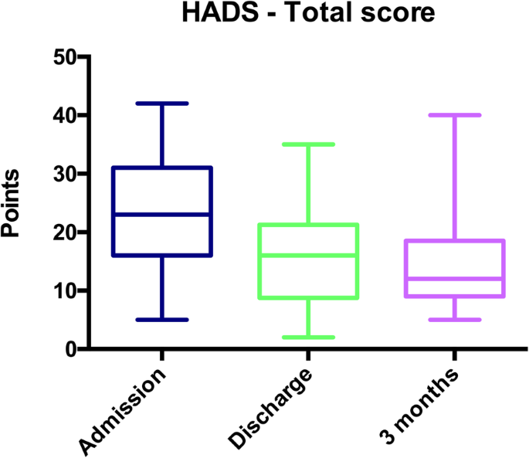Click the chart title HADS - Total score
point(307,15)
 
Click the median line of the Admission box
point(162,214)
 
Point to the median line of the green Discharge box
point(309,255)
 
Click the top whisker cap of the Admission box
point(162,103)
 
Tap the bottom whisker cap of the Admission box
point(162,320)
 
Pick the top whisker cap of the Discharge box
point(309,144)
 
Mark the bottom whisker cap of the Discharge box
point(309,338)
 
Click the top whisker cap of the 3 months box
point(455,114)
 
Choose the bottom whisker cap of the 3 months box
point(455,320)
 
